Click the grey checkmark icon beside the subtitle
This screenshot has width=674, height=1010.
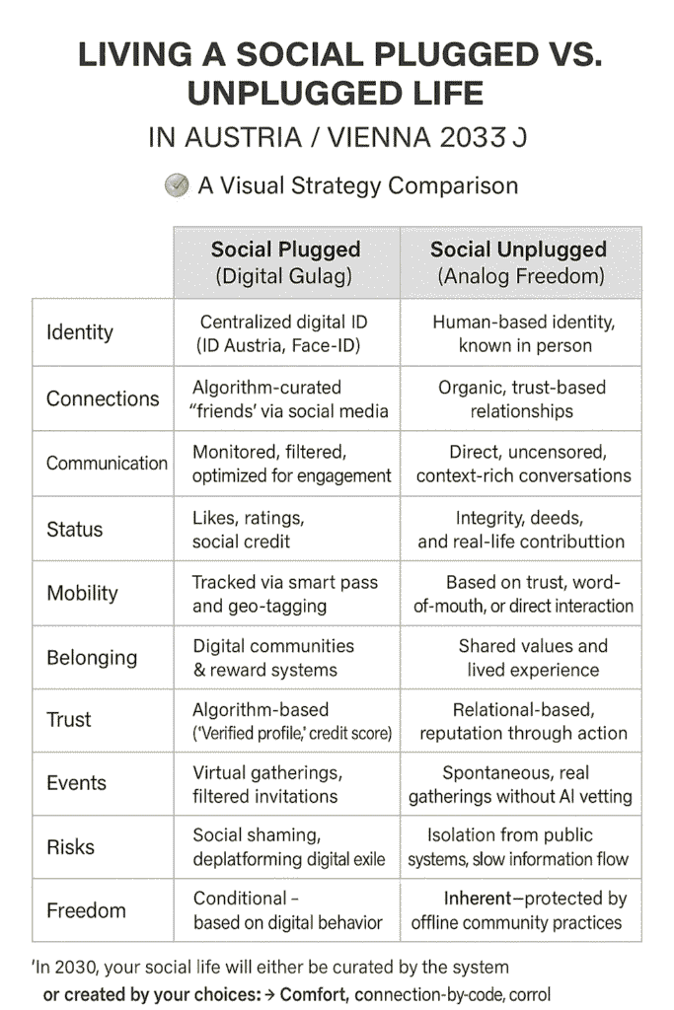177,185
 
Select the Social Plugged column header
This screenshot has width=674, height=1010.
285,262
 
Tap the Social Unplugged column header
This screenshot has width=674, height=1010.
521,262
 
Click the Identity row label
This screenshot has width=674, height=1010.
80,332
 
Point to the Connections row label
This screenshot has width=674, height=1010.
103,398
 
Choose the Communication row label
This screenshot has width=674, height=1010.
107,464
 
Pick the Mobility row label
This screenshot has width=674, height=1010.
83,593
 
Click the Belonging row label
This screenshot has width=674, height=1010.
92,658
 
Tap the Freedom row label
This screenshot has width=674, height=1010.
86,910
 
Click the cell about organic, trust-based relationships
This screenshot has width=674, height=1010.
522,399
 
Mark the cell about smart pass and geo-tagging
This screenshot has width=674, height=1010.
285,594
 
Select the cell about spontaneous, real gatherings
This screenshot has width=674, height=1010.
520,784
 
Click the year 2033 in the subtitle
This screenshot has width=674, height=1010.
473,138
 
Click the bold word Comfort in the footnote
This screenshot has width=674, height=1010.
315,994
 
